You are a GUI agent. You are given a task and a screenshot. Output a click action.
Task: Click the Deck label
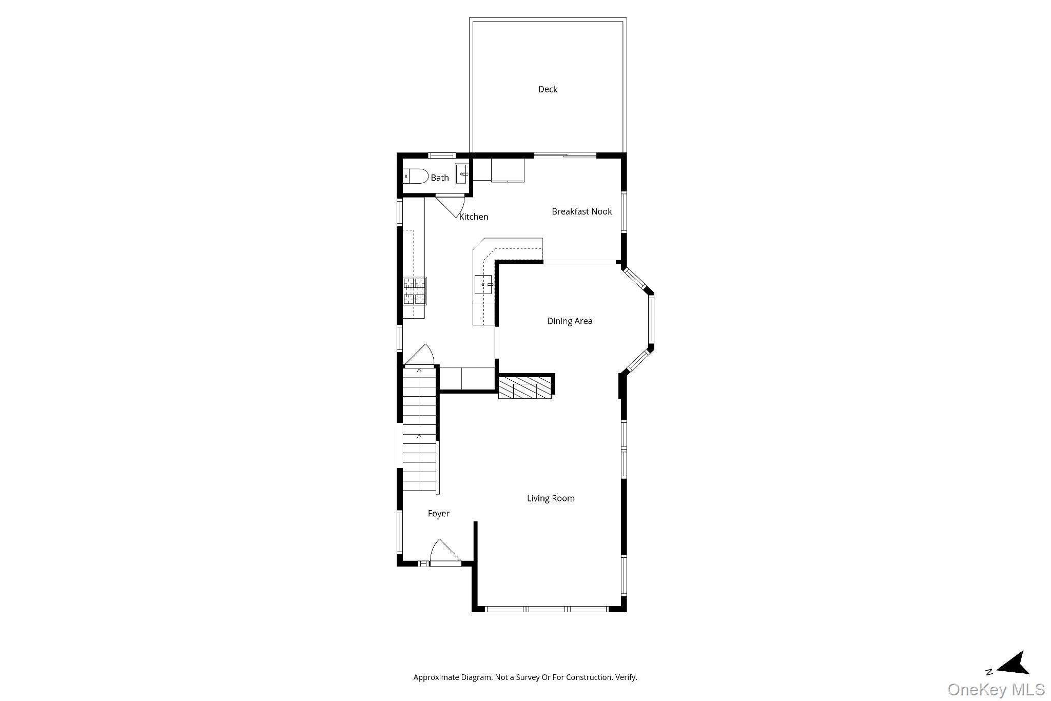tap(548, 89)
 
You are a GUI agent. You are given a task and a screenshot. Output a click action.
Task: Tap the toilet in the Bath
tap(416, 177)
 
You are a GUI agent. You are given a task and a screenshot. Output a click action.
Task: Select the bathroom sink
tap(462, 174)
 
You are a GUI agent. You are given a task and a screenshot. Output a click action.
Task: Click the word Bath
tap(440, 178)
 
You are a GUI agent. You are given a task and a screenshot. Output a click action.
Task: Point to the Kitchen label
tap(474, 217)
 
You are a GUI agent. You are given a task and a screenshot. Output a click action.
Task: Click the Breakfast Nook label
tap(581, 211)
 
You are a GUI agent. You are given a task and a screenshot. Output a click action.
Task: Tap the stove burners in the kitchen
tap(415, 291)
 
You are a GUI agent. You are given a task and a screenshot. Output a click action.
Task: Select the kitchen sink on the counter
tap(483, 284)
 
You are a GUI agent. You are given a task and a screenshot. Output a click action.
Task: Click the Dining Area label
tap(570, 321)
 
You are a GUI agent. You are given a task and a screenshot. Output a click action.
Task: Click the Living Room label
tap(551, 498)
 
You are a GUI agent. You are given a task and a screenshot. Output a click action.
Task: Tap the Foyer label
tap(439, 514)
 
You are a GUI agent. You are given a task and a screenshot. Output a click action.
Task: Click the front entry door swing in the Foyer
tap(444, 553)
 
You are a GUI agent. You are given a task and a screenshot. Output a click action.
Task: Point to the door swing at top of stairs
tap(421, 355)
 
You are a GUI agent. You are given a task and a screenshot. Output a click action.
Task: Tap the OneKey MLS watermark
tap(996, 689)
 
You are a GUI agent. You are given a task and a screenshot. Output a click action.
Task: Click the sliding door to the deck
tap(565, 155)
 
